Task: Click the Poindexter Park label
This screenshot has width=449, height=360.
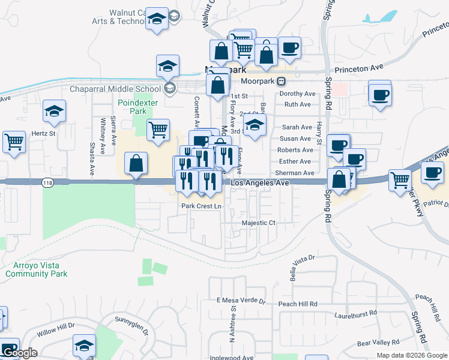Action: point(133,107)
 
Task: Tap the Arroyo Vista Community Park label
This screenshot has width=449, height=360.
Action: point(36,269)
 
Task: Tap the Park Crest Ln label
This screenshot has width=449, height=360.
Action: point(202,206)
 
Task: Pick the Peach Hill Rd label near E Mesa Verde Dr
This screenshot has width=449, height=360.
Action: point(297,304)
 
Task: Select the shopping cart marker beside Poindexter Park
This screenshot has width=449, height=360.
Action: point(158,130)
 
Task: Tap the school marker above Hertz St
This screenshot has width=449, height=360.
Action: point(54,112)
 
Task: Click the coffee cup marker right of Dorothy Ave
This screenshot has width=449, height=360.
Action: point(380,95)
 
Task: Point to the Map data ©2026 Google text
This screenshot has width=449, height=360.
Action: point(412,355)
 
